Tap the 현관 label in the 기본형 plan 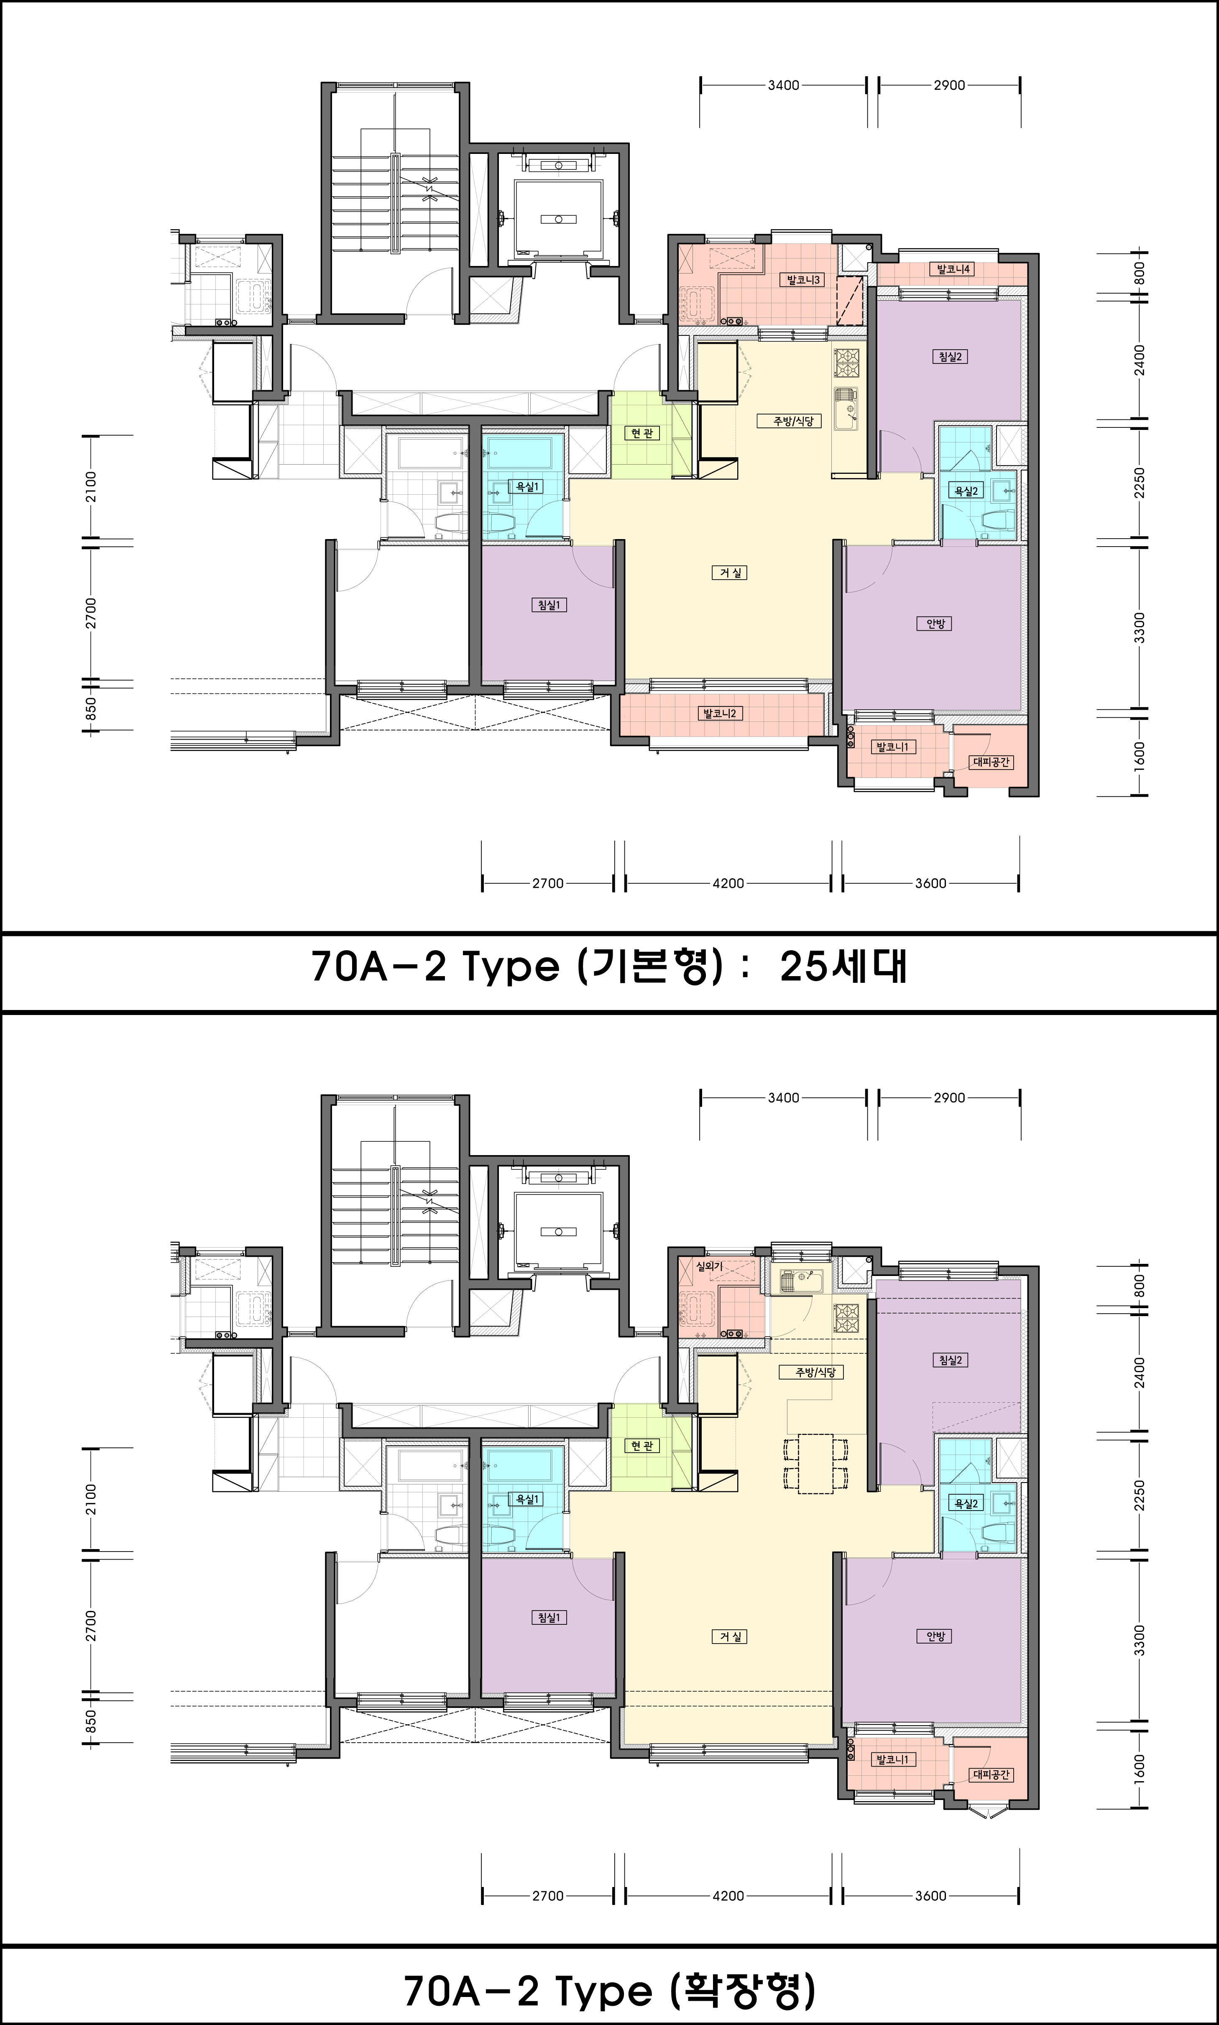(x=641, y=433)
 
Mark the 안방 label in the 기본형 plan (x=935, y=624)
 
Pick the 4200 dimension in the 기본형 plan (x=728, y=883)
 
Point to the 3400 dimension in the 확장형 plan (x=783, y=1097)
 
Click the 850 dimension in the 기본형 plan (x=91, y=708)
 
